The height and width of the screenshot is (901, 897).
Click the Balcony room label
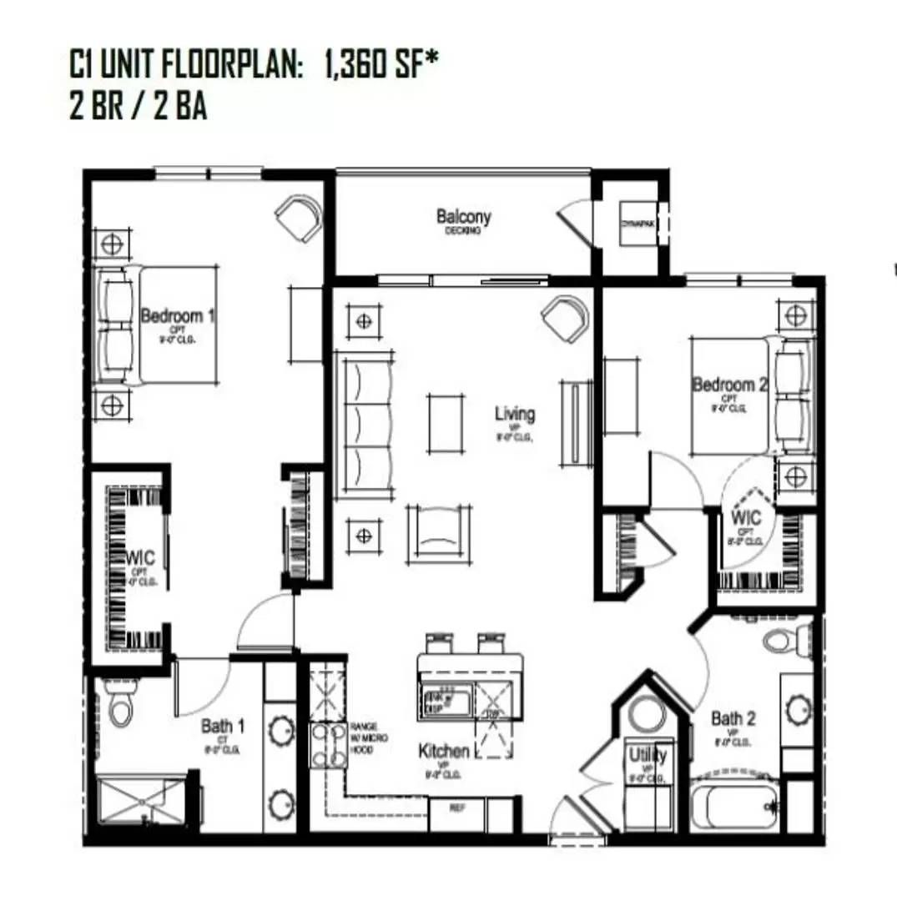pyautogui.click(x=464, y=218)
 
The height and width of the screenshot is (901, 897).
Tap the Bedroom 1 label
pyautogui.click(x=178, y=316)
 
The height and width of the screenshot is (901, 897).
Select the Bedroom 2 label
pyautogui.click(x=729, y=385)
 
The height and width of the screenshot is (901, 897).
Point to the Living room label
pyautogui.click(x=515, y=414)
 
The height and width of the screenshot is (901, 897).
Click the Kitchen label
pyautogui.click(x=443, y=752)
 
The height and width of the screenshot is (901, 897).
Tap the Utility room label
pyautogui.click(x=648, y=756)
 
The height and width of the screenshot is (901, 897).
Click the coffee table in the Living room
pyautogui.click(x=446, y=423)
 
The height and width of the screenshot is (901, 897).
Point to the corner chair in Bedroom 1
pyautogui.click(x=299, y=217)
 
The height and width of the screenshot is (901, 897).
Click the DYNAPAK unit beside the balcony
pyautogui.click(x=639, y=224)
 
